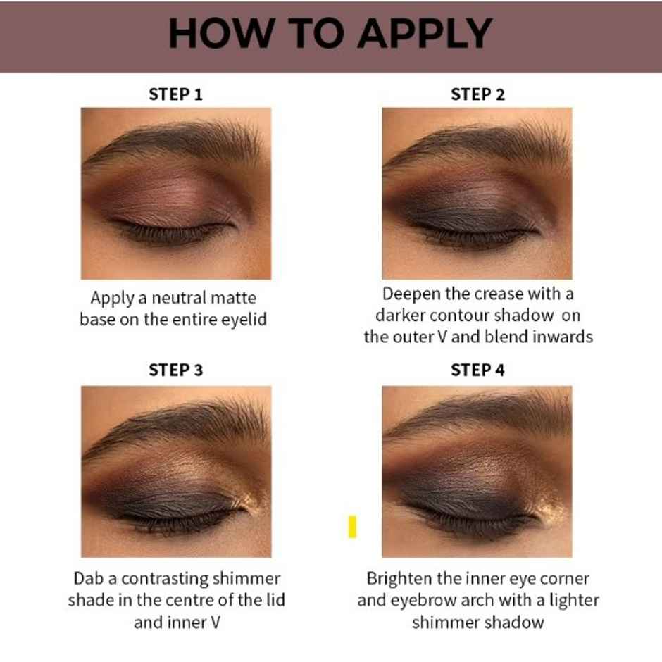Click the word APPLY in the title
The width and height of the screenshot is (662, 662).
424,33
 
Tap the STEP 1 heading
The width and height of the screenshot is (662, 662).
175,94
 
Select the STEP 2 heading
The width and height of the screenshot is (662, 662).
477,94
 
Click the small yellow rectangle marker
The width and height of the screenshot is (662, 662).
352,527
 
